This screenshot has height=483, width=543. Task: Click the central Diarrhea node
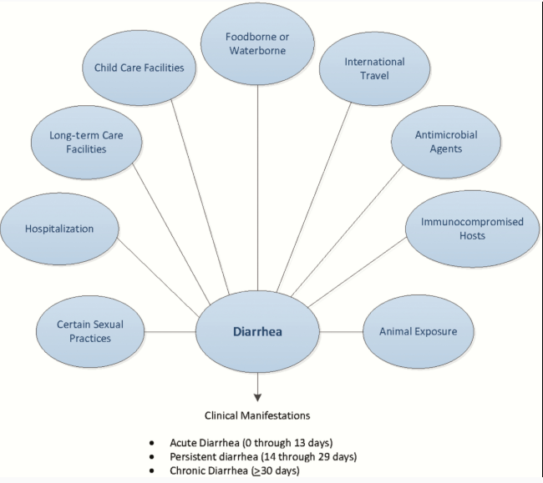[x=257, y=330]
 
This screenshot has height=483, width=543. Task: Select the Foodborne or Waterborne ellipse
[x=257, y=44]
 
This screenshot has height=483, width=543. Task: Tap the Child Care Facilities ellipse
[x=139, y=68]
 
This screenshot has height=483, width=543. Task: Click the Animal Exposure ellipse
[x=419, y=331]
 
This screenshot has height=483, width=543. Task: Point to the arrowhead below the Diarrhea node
[x=257, y=394]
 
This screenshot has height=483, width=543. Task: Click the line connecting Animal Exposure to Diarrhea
[x=341, y=331]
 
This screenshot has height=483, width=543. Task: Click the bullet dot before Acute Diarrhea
[x=151, y=441]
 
